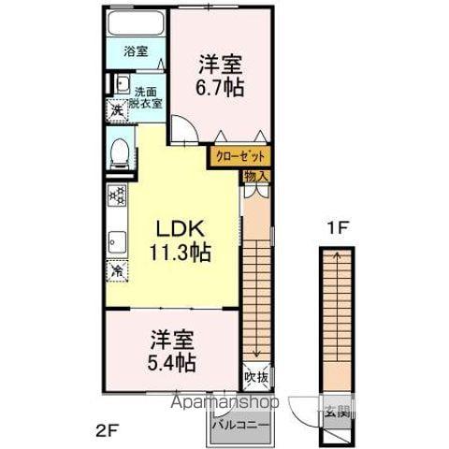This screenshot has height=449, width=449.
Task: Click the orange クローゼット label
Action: [241, 157]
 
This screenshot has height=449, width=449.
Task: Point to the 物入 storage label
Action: [256, 176]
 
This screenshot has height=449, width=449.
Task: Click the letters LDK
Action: [178, 229]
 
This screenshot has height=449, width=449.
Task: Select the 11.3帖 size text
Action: [178, 253]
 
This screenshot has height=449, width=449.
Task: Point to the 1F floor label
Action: [335, 226]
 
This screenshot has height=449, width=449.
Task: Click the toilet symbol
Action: [119, 153]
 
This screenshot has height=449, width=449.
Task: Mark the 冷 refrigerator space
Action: [118, 271]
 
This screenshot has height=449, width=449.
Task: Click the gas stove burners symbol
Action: [117, 196]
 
